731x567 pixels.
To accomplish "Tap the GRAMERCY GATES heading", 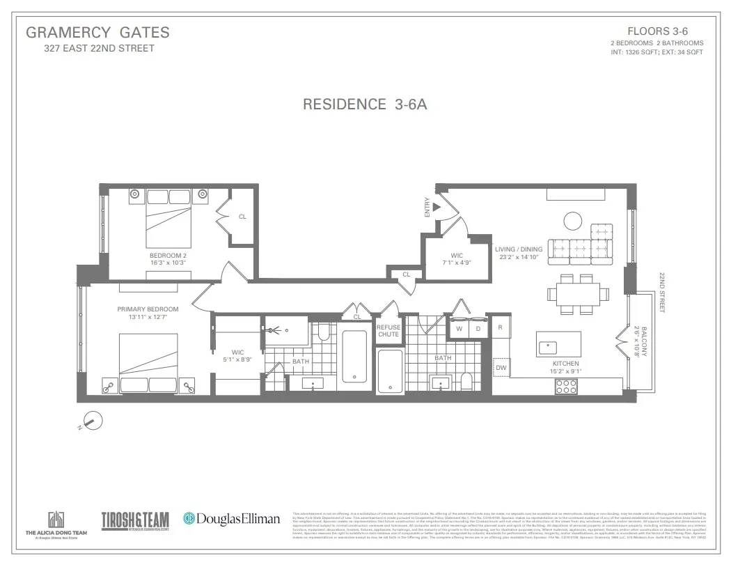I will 97,33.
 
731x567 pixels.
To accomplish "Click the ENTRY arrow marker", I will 437,207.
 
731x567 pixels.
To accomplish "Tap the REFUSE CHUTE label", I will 388,331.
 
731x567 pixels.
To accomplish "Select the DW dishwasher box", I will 501,367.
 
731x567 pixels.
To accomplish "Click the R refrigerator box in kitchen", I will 500,327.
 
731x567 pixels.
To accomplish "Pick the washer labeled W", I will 459,329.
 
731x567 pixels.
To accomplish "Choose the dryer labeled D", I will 478,329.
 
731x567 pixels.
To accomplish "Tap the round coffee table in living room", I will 572,221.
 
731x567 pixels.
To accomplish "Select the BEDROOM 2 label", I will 168,256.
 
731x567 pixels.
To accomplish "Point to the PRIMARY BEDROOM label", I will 148,309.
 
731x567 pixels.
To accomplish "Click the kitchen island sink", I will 547,345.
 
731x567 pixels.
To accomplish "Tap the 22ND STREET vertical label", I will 661,292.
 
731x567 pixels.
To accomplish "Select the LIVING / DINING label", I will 519,249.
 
